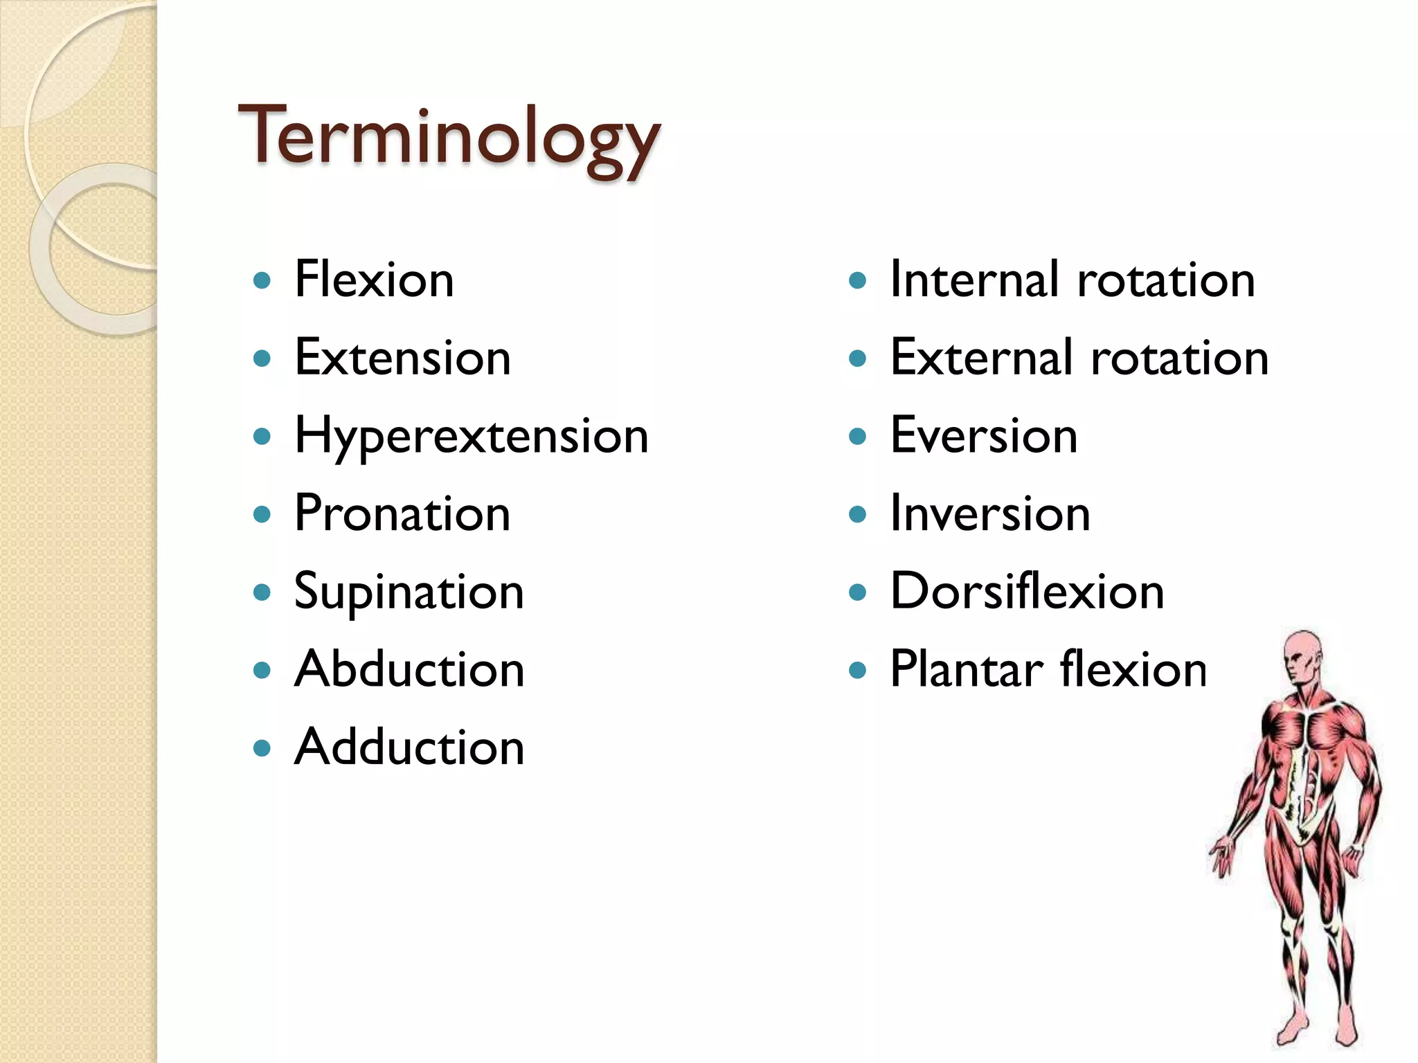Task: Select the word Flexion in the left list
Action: (x=374, y=280)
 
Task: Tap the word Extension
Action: (x=402, y=358)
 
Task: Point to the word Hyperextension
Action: (x=472, y=436)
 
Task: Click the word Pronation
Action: (x=402, y=514)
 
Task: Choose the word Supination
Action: (x=409, y=592)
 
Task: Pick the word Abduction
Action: (x=409, y=670)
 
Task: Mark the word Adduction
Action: (x=409, y=748)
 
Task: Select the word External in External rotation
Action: (x=980, y=358)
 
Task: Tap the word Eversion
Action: (x=984, y=436)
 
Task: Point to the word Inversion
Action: (x=990, y=514)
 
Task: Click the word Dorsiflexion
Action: (x=1027, y=592)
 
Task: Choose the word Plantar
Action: (x=966, y=670)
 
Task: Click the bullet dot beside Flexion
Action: (x=262, y=281)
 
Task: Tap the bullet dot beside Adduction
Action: (x=262, y=748)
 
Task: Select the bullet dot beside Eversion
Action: (x=857, y=436)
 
